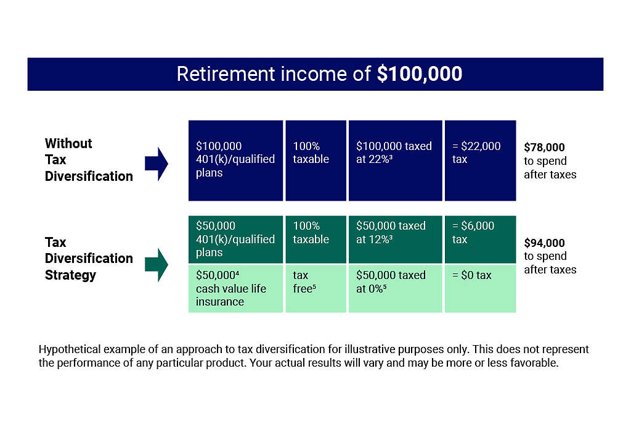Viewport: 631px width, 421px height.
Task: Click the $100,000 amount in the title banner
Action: coord(419,74)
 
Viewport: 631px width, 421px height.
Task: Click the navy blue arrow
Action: coord(157,164)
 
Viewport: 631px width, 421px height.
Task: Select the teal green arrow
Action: coord(157,265)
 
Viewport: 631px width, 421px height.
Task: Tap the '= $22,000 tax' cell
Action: coord(480,160)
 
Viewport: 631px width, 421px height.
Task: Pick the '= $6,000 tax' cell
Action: coord(480,239)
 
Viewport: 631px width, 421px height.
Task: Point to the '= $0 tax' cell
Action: coord(480,288)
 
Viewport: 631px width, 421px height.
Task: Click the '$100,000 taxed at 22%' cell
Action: coord(395,160)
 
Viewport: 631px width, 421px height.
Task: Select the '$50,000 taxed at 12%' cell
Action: coord(395,239)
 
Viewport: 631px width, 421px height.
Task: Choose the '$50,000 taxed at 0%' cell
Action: coord(395,288)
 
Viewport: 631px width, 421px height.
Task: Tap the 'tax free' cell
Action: coord(315,288)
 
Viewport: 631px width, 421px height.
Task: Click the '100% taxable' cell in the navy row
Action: coord(315,160)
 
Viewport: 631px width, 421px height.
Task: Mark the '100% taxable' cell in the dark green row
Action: coord(315,239)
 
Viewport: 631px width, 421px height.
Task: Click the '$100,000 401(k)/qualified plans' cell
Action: coord(235,160)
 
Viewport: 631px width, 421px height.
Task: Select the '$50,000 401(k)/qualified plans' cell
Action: coord(235,239)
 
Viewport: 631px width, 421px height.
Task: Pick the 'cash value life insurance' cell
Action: coord(235,288)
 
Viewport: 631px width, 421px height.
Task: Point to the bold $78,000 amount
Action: coord(544,148)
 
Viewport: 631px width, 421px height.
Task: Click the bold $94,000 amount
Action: coord(544,243)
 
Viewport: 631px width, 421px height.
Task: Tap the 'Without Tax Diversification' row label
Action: coord(88,160)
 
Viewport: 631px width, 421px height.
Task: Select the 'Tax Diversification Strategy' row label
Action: coord(88,259)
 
